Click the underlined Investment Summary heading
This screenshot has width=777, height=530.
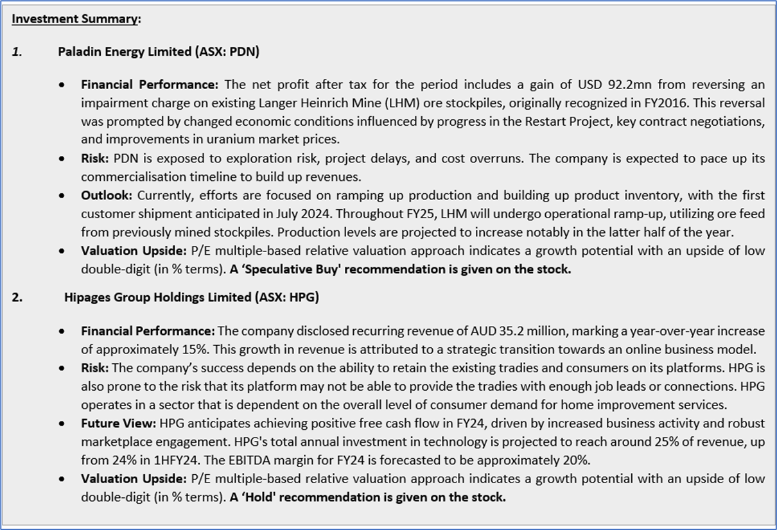[75, 19]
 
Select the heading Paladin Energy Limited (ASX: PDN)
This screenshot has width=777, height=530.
[159, 52]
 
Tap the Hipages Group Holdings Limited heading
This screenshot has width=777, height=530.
[191, 297]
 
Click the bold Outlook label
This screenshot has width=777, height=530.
[107, 195]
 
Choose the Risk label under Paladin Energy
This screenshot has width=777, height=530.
[94, 158]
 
